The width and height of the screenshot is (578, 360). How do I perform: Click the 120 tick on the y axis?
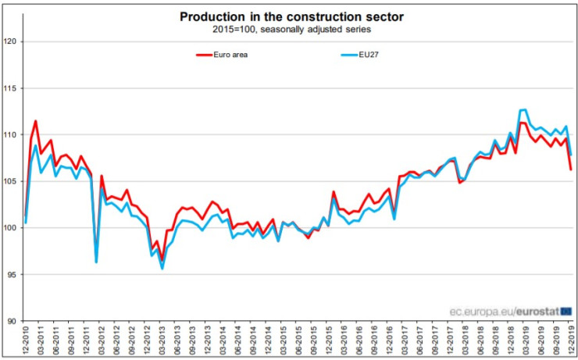click(11, 41)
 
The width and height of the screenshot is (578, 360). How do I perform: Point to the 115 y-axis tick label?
click(11, 88)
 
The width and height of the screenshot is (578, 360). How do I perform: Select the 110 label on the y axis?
click(11, 134)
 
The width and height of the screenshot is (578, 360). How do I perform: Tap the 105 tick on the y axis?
click(11, 181)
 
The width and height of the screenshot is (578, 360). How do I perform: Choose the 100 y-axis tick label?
click(11, 228)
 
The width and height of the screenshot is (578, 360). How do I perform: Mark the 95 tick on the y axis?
click(12, 274)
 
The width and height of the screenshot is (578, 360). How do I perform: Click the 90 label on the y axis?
click(12, 321)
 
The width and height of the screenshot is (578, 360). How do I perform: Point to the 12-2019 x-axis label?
click(570, 340)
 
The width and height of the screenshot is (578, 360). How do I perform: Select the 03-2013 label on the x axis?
click(162, 340)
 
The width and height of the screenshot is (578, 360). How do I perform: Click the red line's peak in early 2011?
click(35, 121)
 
